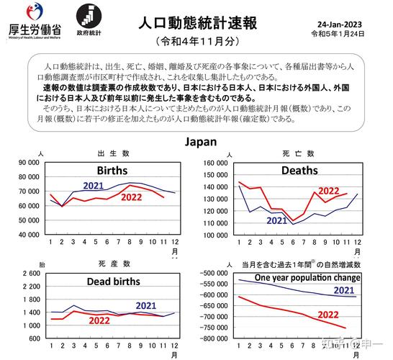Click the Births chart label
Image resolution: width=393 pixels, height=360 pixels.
103,171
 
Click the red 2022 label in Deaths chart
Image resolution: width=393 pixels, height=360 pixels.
328,191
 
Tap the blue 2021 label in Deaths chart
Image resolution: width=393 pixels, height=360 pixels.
276,221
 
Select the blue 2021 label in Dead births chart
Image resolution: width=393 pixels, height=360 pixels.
147,305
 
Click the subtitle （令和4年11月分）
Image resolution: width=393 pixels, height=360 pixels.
196,41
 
